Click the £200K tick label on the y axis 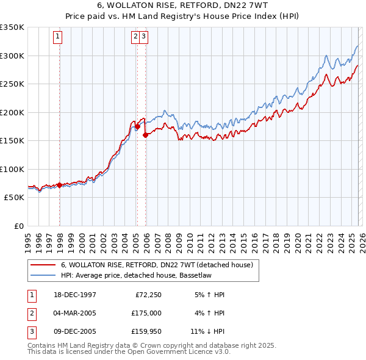[x=12, y=112]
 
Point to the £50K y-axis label [x=13, y=198]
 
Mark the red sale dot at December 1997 [x=59, y=185]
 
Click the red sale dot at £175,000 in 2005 [x=137, y=126]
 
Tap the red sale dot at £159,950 [x=145, y=135]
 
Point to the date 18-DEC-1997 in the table [x=75, y=295]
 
